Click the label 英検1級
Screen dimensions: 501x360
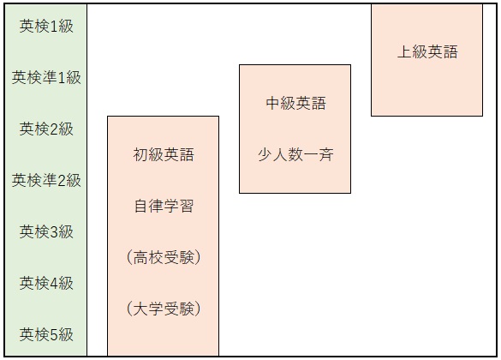click(x=46, y=27)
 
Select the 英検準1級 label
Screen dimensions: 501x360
click(x=46, y=78)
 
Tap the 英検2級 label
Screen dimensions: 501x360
click(x=46, y=129)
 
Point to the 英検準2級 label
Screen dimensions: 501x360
click(x=46, y=181)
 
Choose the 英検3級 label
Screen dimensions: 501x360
click(x=46, y=231)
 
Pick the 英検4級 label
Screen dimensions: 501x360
click(x=46, y=283)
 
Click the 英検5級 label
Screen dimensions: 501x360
click(x=46, y=335)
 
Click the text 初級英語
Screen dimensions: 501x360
click(x=164, y=155)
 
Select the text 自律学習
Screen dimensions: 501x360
click(x=164, y=207)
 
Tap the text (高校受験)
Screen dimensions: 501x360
click(x=164, y=258)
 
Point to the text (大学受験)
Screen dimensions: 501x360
click(x=164, y=309)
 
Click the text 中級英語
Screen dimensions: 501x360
click(x=295, y=103)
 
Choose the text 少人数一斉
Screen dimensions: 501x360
click(x=295, y=155)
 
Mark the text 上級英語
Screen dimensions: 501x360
click(x=427, y=51)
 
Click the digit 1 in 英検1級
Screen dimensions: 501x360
click(x=54, y=27)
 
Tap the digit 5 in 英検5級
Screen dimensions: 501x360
click(x=54, y=335)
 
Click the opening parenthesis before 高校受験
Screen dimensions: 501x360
click(x=129, y=258)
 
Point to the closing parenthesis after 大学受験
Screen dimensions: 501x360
click(x=198, y=309)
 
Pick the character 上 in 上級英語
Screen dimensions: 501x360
click(x=404, y=51)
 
